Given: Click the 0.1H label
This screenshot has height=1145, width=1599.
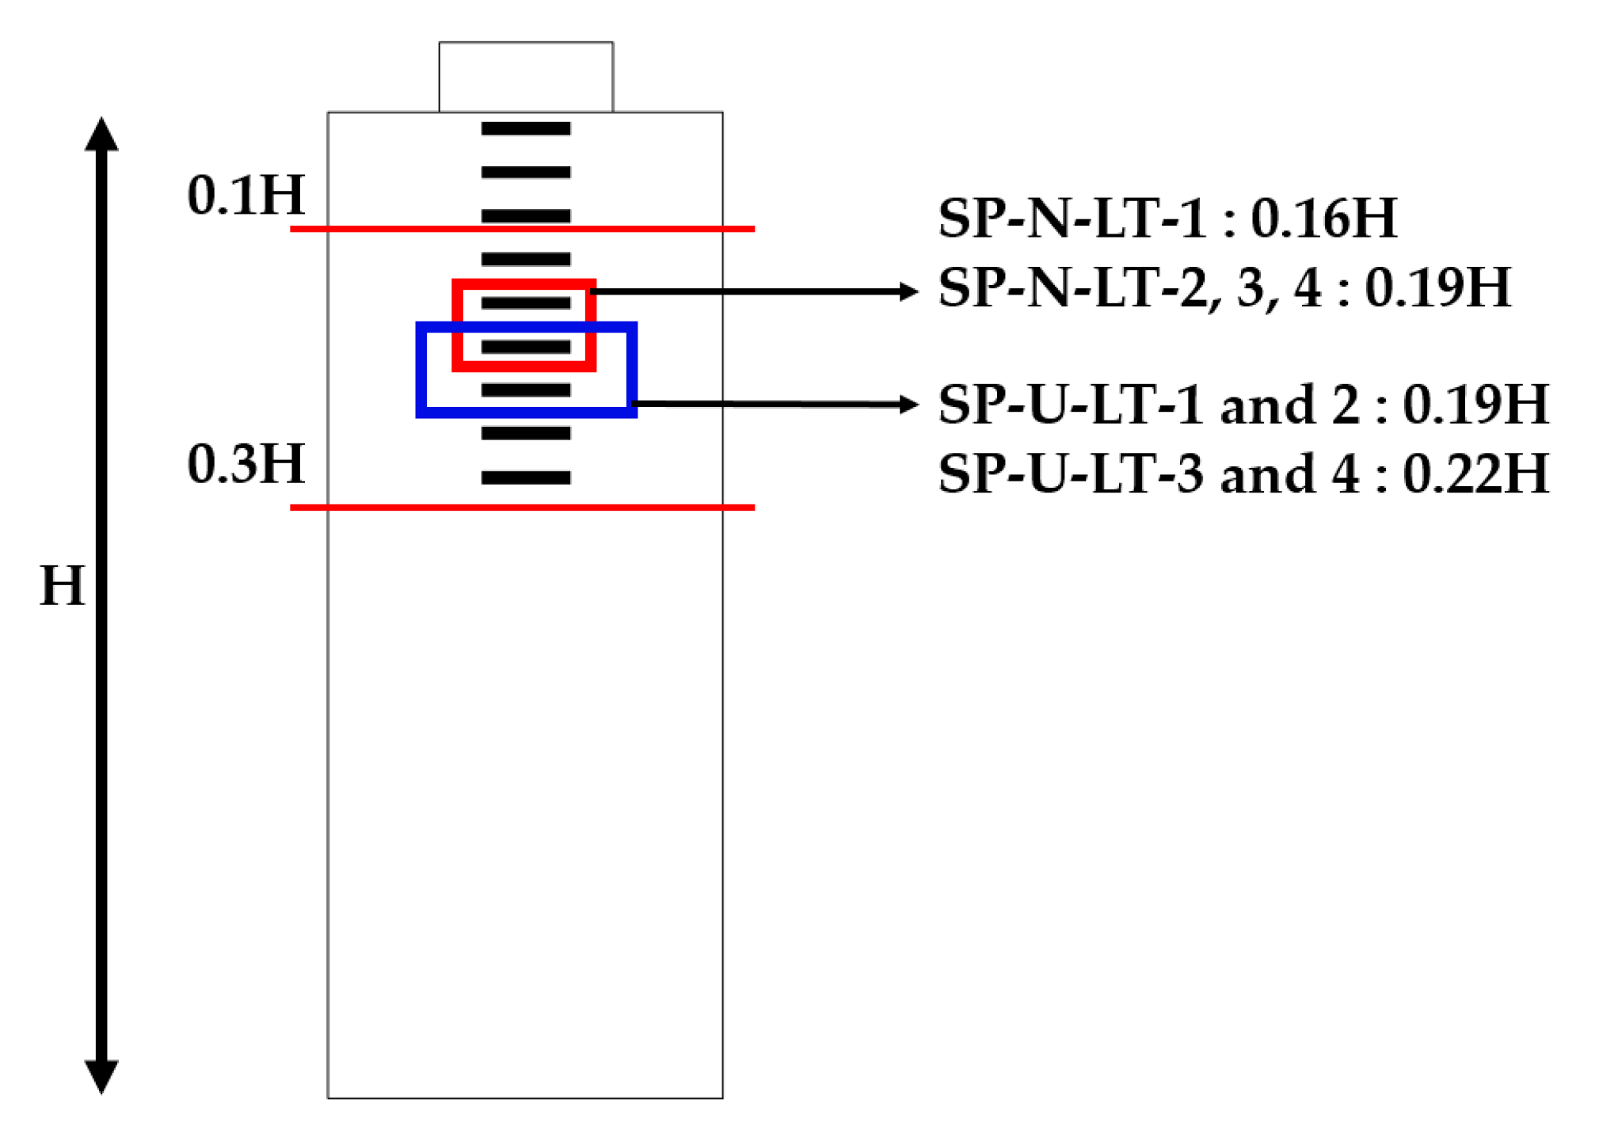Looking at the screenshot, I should [x=246, y=195].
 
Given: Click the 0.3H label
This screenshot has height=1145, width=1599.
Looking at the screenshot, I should [x=246, y=464].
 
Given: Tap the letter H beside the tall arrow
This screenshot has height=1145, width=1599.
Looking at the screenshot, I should [x=62, y=587].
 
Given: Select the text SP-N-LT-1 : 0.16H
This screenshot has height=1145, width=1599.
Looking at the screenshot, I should [x=1167, y=218].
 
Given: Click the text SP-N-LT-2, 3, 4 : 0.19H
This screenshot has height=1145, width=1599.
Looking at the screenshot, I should [x=1224, y=287].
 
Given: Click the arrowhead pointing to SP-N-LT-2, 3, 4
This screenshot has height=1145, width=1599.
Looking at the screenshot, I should [x=909, y=291].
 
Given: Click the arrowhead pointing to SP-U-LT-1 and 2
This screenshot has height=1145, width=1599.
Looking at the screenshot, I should [x=909, y=405].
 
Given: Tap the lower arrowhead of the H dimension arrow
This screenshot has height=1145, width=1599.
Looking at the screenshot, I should [x=101, y=1076].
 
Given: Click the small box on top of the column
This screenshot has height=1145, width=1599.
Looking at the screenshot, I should [x=526, y=77].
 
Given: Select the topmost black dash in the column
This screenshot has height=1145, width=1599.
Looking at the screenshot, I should [x=526, y=128].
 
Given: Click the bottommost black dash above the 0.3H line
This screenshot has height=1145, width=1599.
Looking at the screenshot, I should [x=526, y=477].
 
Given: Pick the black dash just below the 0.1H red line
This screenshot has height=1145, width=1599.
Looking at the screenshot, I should [x=526, y=259].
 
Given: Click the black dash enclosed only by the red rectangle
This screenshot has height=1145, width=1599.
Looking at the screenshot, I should [x=526, y=303].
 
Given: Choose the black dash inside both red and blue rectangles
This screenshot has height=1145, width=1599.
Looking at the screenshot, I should [x=526, y=347].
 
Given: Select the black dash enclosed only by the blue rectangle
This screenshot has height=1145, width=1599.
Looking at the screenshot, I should [x=526, y=390].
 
